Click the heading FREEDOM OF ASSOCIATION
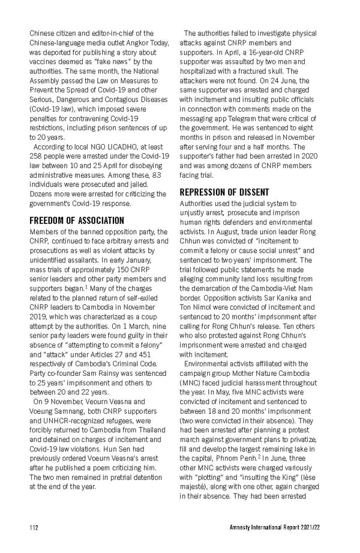[x=77, y=220]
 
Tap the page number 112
[x=35, y=528]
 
